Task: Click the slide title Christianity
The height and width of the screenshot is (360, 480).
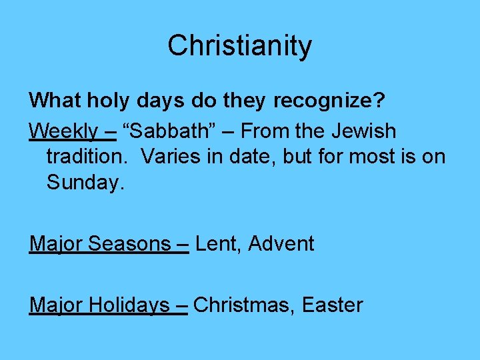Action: (x=239, y=46)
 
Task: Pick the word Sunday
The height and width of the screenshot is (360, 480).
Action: (x=85, y=182)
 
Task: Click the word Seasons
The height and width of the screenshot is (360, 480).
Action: (x=129, y=244)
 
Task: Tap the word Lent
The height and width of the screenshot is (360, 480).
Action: (x=217, y=244)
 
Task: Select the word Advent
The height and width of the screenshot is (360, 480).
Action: (x=281, y=244)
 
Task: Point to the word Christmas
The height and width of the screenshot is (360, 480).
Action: (x=244, y=305)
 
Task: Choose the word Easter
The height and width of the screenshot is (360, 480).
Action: (x=332, y=305)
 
